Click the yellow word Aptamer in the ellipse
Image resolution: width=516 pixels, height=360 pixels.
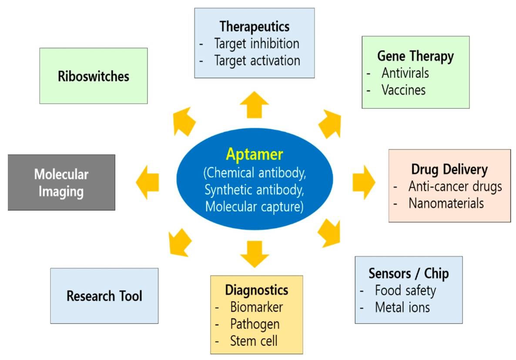pyautogui.click(x=254, y=154)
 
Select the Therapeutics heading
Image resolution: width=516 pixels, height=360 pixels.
pyautogui.click(x=255, y=27)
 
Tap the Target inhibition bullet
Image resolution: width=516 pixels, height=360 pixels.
pyautogui.click(x=257, y=44)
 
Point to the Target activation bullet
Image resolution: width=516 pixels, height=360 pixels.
pyautogui.click(x=257, y=61)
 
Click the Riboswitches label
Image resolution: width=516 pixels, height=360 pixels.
pyautogui.click(x=94, y=77)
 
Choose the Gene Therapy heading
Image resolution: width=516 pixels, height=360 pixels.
pyautogui.click(x=415, y=56)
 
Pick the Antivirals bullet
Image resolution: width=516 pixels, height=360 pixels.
pyautogui.click(x=405, y=73)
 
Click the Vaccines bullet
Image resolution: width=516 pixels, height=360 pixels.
pyautogui.click(x=403, y=90)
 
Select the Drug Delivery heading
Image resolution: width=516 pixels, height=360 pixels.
pyautogui.click(x=449, y=169)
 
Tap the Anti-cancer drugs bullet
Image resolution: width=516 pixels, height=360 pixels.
pyautogui.click(x=455, y=186)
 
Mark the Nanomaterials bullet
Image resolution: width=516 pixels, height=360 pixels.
pyautogui.click(x=446, y=203)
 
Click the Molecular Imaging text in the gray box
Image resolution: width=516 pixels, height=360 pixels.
pyautogui.click(x=61, y=183)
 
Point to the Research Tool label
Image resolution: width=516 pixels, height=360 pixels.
pyautogui.click(x=104, y=296)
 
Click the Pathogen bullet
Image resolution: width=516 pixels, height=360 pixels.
pyautogui.click(x=255, y=324)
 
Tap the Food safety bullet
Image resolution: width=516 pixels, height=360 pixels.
pyautogui.click(x=405, y=290)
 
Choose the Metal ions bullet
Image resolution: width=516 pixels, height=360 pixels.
pyautogui.click(x=402, y=307)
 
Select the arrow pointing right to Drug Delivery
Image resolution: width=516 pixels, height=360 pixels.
pyautogui.click(x=363, y=182)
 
